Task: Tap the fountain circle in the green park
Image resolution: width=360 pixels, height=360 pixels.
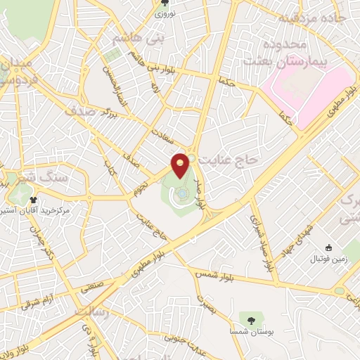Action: click(181, 193)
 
